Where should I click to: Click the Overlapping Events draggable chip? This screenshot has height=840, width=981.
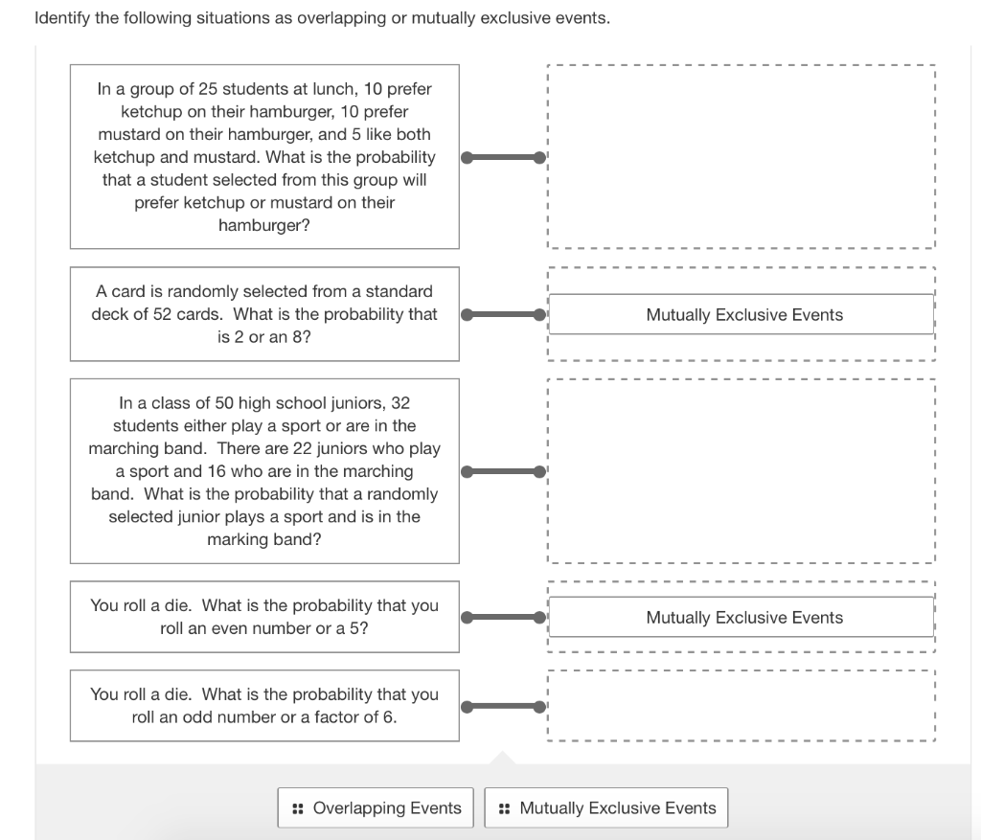pyautogui.click(x=377, y=807)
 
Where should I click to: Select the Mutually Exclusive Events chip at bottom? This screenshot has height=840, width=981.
pyautogui.click(x=606, y=807)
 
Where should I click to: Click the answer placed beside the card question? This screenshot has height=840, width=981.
pyautogui.click(x=743, y=314)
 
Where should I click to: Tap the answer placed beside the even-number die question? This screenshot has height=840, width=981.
pyautogui.click(x=743, y=618)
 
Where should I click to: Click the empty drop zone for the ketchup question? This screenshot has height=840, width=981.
pyautogui.click(x=741, y=157)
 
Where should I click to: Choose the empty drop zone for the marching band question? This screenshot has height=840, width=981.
pyautogui.click(x=741, y=471)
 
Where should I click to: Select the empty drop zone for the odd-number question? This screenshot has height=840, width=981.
pyautogui.click(x=741, y=706)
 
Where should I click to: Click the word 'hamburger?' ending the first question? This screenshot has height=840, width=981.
pyautogui.click(x=264, y=226)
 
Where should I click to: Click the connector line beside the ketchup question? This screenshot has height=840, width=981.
pyautogui.click(x=503, y=157)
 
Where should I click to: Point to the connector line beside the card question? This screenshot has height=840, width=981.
pyautogui.click(x=503, y=314)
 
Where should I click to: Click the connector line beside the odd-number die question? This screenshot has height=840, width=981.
pyautogui.click(x=503, y=707)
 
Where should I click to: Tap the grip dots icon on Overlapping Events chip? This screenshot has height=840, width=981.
pyautogui.click(x=298, y=808)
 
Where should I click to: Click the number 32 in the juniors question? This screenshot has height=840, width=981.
pyautogui.click(x=399, y=403)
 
